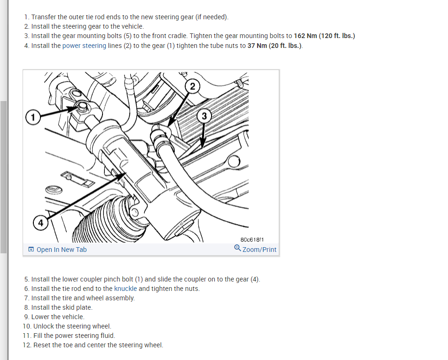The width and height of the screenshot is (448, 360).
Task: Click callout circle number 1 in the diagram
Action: point(32,116)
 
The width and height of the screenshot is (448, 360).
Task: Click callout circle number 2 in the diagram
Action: point(192,86)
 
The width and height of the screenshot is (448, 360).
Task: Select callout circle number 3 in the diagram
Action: point(204,116)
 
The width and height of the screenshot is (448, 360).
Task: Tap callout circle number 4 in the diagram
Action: point(40,223)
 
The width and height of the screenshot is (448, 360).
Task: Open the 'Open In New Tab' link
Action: point(61,250)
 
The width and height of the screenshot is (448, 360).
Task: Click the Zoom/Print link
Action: point(259,250)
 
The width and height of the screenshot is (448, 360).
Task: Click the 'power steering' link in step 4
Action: point(84,46)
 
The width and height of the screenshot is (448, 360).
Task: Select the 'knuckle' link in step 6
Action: point(125,289)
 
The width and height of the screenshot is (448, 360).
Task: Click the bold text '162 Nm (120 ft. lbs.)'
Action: point(324,36)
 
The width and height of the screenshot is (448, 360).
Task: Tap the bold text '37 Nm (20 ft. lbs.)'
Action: point(275,46)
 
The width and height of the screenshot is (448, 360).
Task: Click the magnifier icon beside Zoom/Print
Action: point(237,249)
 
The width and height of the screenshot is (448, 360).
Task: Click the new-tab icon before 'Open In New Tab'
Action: point(31,250)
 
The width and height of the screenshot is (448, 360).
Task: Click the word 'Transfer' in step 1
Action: point(45,17)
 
